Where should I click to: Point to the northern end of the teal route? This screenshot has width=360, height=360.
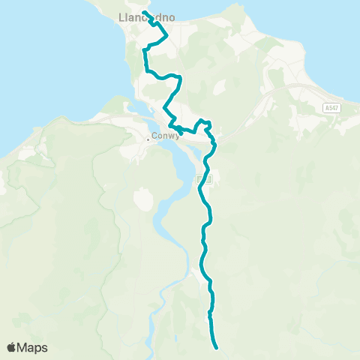click(143, 12)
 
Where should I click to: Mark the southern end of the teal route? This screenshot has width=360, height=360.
click(216, 347)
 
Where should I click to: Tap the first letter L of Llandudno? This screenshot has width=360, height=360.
click(121, 17)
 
